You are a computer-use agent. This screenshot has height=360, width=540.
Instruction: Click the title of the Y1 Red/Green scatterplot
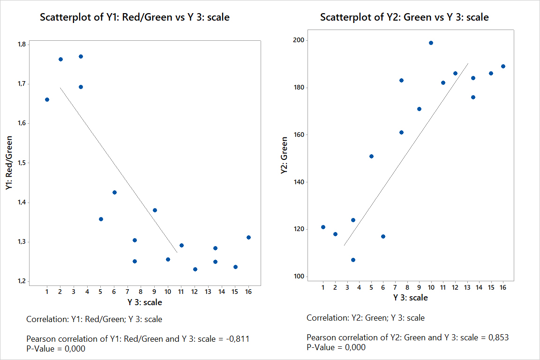click(x=135, y=18)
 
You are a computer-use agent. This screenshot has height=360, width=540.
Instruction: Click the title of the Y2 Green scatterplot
click(x=404, y=18)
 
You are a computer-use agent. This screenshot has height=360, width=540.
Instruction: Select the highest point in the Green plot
click(x=431, y=43)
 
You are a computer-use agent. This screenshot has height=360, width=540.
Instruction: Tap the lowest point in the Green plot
click(x=353, y=260)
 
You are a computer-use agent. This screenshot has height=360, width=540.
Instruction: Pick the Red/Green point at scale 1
click(x=47, y=99)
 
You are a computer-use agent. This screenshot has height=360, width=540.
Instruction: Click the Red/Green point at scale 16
click(x=248, y=237)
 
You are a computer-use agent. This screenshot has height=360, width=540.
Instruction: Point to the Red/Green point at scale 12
click(x=195, y=269)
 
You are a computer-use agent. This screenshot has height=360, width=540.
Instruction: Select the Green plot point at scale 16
click(x=503, y=66)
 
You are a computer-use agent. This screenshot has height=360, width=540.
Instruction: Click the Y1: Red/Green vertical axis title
click(x=9, y=163)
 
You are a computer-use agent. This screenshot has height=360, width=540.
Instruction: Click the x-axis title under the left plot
click(x=144, y=302)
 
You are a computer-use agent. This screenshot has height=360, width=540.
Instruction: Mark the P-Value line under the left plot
click(x=56, y=348)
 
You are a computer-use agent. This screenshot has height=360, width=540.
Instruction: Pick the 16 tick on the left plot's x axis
click(x=248, y=292)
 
